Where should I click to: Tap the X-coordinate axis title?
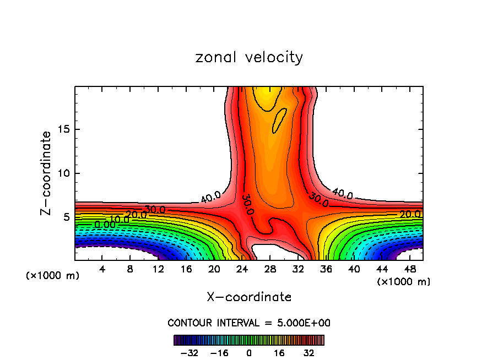[249, 297]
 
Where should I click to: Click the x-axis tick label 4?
[102, 269]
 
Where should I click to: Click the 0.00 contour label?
[105, 225]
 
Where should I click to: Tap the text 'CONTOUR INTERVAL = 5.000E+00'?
[249, 323]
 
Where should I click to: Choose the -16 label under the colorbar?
[219, 353]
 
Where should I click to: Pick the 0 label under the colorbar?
[249, 353]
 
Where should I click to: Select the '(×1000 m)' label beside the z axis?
[53, 275]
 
